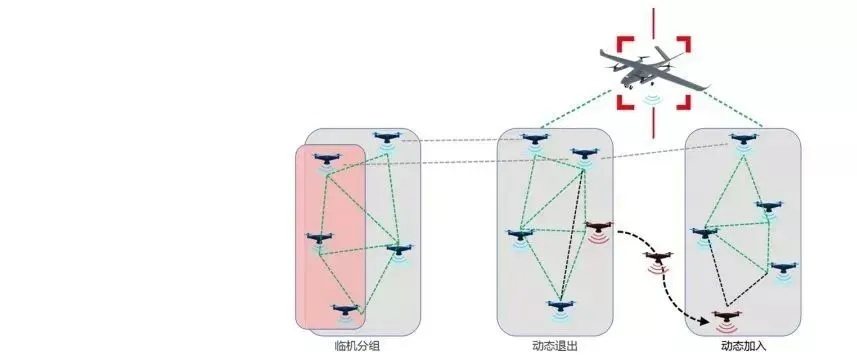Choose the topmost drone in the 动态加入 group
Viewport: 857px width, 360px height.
pyautogui.click(x=740, y=141)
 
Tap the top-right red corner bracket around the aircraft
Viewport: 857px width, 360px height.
pyautogui.click(x=682, y=46)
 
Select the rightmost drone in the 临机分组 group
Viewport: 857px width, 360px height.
pyautogui.click(x=399, y=250)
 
